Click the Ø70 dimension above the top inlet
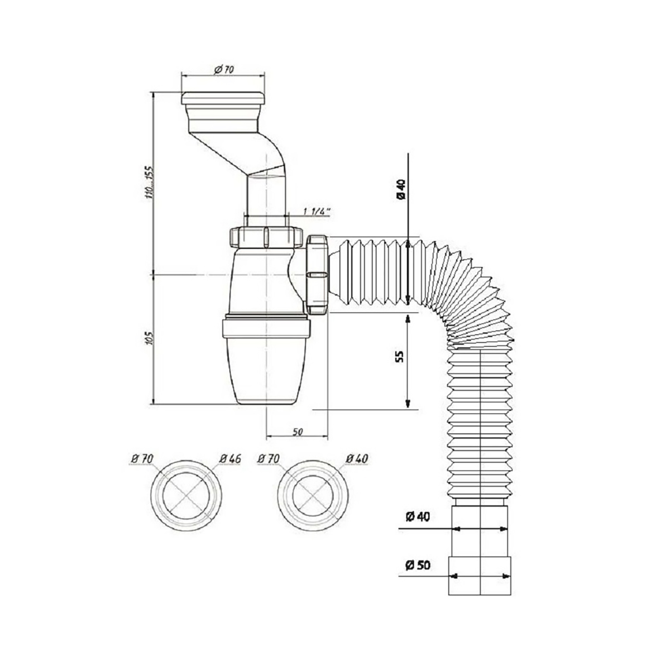tap(223, 70)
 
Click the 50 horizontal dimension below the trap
tap(297, 432)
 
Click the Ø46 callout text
tap(229, 458)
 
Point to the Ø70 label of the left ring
tap(142, 458)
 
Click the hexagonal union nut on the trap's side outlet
tap(317, 275)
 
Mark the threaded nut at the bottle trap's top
tap(265, 237)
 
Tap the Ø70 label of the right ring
tap(269, 458)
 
